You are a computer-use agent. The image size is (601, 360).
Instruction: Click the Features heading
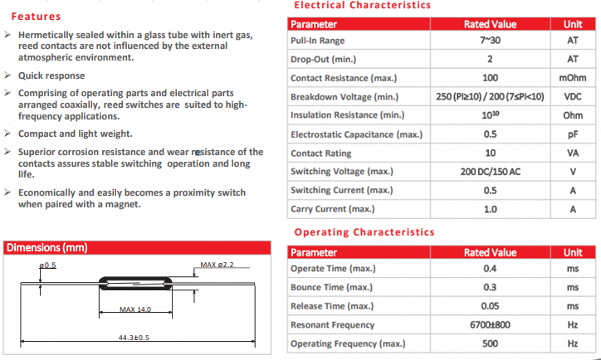(36, 17)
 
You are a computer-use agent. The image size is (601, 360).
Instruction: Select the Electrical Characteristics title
(363, 6)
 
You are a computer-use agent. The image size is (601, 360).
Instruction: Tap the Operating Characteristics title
(364, 232)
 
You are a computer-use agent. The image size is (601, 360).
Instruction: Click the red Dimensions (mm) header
(46, 247)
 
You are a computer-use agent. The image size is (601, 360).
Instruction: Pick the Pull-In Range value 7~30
(490, 41)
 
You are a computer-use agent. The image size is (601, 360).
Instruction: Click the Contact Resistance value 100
(490, 78)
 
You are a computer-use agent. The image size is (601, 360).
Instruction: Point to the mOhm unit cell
(572, 78)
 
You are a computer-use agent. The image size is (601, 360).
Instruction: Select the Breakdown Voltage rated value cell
(490, 97)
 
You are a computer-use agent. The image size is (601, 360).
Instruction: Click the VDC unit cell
(572, 97)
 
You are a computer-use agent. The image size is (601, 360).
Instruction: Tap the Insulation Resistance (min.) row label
(347, 115)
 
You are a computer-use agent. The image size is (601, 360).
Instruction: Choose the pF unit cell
(572, 134)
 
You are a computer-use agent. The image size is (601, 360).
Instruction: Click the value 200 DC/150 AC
(490, 172)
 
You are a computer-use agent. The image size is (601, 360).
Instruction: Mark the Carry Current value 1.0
(490, 209)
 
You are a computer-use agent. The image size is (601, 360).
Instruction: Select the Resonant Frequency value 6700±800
(490, 324)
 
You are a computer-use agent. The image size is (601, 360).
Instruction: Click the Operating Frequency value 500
(490, 343)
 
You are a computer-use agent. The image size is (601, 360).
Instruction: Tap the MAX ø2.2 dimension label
(217, 265)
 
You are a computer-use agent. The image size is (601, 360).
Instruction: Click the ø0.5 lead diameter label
(47, 265)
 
